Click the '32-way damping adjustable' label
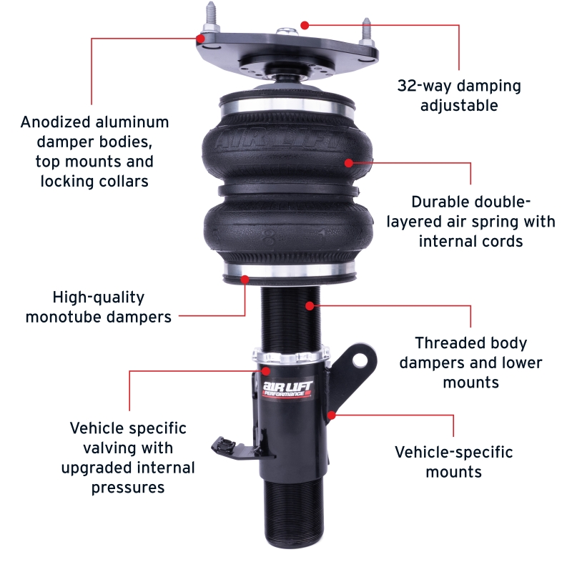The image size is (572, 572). (x=459, y=96)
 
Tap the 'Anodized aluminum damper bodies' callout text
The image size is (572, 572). (x=94, y=151)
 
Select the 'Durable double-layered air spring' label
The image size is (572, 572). (x=471, y=221)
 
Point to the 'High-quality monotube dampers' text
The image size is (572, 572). (x=99, y=307)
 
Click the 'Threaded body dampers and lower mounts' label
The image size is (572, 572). (x=470, y=363)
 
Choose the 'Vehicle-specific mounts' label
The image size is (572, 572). (x=454, y=462)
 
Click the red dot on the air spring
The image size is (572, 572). (x=349, y=162)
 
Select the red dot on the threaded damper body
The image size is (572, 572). (x=310, y=306)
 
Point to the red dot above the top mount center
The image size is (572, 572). (x=305, y=24)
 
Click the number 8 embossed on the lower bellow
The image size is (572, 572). (x=270, y=239)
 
